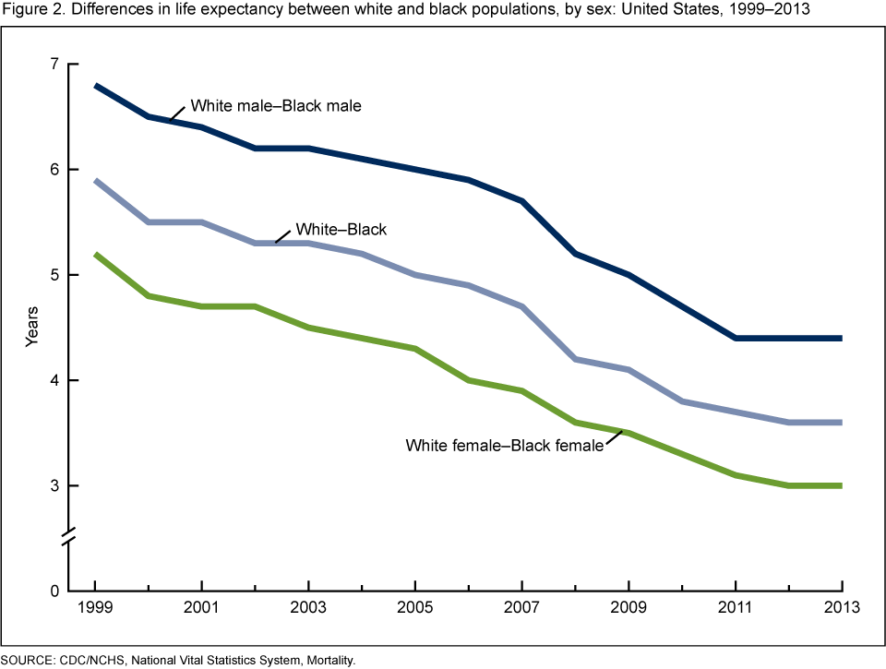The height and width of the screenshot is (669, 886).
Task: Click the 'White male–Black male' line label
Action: tap(275, 106)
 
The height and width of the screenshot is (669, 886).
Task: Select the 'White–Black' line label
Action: tap(340, 230)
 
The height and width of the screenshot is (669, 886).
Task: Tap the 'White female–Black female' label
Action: tap(504, 446)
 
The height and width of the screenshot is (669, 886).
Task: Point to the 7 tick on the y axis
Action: tap(53, 65)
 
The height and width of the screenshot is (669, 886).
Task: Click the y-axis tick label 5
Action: tap(53, 275)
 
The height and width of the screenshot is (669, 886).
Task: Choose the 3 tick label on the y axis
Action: tap(53, 486)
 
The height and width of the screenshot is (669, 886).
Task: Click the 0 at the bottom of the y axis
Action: tap(53, 591)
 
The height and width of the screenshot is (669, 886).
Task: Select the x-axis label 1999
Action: tap(95, 608)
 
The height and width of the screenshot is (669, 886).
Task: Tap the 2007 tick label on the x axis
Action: tap(522, 608)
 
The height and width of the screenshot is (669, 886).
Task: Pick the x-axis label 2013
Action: tap(842, 608)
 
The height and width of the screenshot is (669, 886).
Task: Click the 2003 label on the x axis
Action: tap(308, 608)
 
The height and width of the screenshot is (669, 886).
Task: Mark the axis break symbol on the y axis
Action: tap(71, 538)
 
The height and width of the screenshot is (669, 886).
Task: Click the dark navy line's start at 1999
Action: tap(96, 86)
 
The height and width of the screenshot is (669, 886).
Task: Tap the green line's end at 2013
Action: tap(842, 485)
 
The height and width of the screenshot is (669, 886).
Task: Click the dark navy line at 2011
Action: tap(736, 339)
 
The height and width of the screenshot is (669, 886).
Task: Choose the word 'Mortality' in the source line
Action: tap(327, 661)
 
